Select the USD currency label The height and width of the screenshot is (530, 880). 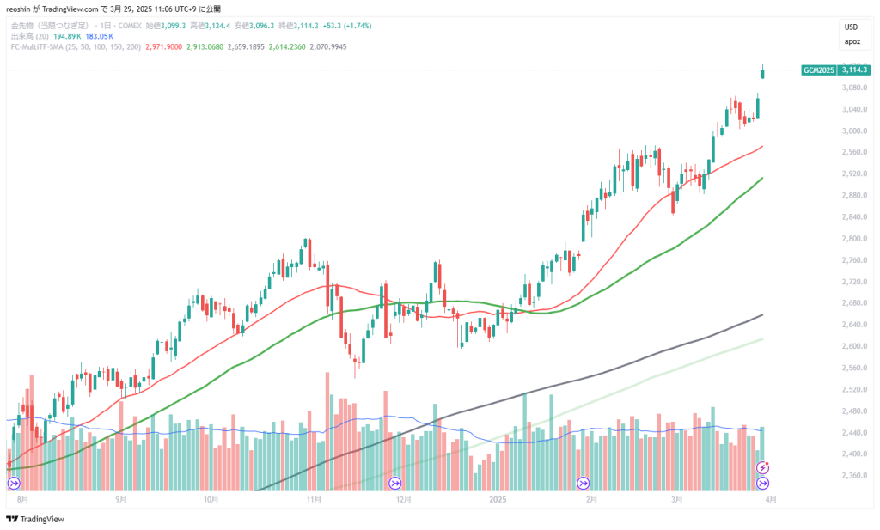[851, 27]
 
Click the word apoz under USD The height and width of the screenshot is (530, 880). [851, 40]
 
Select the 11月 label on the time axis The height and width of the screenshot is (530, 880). [314, 497]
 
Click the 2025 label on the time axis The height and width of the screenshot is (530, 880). [498, 497]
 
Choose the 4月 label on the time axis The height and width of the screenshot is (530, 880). [771, 497]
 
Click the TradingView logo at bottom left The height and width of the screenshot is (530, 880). [35, 519]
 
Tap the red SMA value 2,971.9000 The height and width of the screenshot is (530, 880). [165, 46]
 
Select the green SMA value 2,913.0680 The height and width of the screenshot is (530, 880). [205, 46]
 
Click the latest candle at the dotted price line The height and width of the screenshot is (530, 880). [763, 72]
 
